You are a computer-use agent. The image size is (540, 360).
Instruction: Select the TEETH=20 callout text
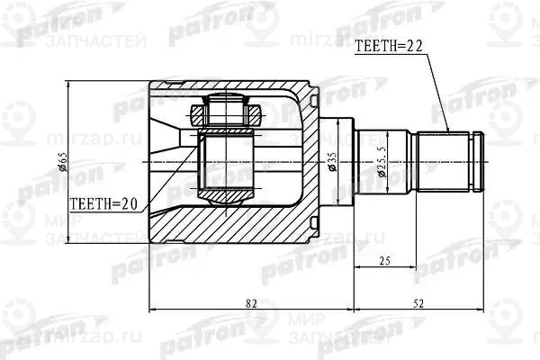click(x=104, y=203)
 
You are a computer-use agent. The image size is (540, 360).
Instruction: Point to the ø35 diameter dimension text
click(x=333, y=162)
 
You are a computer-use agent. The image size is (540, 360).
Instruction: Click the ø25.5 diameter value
click(x=382, y=162)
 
